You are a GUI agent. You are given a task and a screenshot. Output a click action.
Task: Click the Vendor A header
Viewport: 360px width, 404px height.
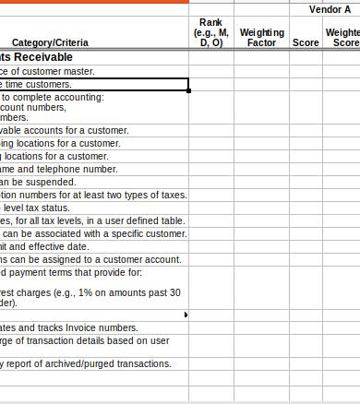[x=330, y=8]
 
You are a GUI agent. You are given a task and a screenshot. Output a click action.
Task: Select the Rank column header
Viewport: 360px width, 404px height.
[x=210, y=32]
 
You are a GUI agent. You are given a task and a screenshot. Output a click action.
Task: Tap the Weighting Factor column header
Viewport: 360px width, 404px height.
[x=261, y=38]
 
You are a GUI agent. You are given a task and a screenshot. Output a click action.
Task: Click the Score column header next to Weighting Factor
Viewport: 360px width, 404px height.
[x=306, y=42]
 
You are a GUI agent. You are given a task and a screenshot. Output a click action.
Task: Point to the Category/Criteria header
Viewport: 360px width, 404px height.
[x=50, y=42]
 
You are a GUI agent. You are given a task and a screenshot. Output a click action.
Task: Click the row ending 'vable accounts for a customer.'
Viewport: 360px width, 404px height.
[x=65, y=130]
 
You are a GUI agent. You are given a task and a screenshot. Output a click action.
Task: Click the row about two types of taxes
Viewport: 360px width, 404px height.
[x=92, y=195]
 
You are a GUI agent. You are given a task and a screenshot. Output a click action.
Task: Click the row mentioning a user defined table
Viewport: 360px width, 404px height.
[x=92, y=220]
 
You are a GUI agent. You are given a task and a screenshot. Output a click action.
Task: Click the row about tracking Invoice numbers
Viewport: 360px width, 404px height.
[x=69, y=327]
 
